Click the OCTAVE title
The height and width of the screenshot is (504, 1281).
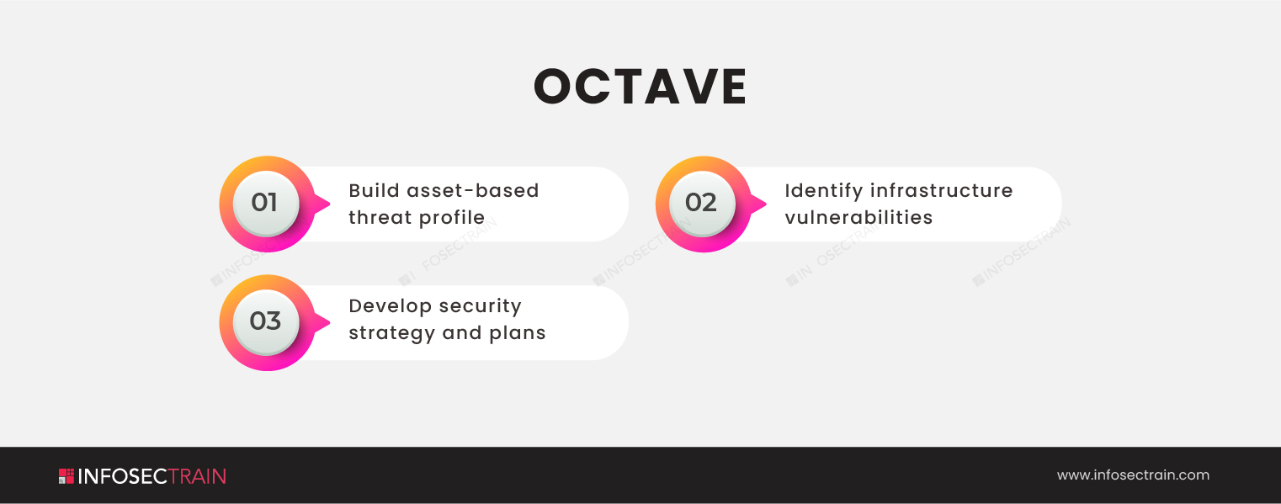click(640, 87)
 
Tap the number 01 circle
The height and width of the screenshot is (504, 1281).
click(266, 204)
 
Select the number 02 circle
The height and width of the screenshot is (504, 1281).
click(702, 204)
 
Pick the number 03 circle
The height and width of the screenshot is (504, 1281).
click(266, 322)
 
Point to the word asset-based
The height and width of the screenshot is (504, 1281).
click(472, 190)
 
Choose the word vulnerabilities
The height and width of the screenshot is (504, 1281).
click(858, 217)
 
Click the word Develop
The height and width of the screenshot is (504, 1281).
click(390, 307)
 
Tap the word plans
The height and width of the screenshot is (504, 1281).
click(518, 334)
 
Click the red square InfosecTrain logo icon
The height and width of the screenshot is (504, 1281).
click(66, 476)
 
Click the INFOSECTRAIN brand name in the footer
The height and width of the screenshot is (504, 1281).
click(151, 476)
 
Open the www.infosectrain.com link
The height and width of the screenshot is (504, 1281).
click(1133, 475)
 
